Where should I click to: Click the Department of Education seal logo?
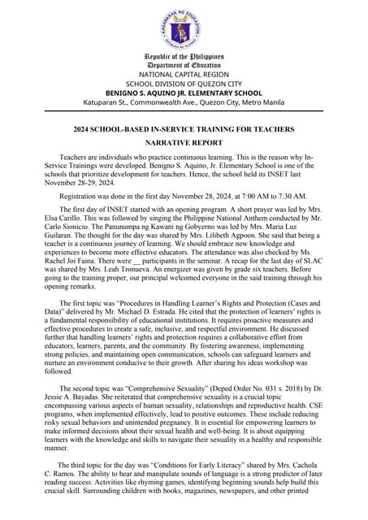pyautogui.click(x=184, y=29)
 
